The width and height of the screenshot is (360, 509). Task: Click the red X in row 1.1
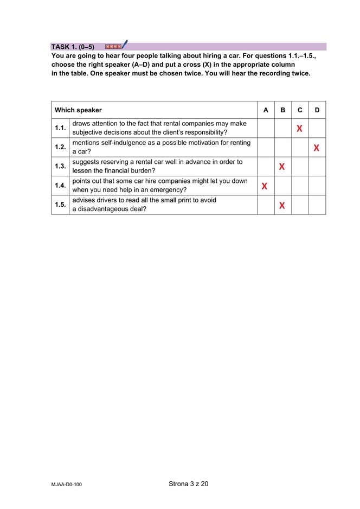coord(299,129)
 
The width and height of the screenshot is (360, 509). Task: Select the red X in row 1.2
coord(316,148)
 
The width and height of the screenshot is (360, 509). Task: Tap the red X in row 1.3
coord(282,167)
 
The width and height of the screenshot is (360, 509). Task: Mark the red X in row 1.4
coord(265,186)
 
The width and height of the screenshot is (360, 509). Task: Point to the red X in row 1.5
coord(282,205)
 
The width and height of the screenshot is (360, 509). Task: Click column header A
coord(266,110)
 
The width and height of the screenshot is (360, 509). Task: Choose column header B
coord(282,110)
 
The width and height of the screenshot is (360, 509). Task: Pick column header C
coord(300,110)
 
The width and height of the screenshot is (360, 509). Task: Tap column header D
coord(317,110)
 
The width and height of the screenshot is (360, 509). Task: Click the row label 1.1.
coord(60,128)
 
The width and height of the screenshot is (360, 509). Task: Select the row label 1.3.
coord(60,167)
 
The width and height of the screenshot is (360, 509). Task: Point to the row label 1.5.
coord(60,205)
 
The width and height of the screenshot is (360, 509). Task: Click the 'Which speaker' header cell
coord(78,110)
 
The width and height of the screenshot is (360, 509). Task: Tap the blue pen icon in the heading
coord(124,44)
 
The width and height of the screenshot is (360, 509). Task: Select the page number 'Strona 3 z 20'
coord(188,483)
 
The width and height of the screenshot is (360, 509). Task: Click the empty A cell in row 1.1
coord(266,128)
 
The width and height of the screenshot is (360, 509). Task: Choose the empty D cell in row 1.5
coord(317,205)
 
